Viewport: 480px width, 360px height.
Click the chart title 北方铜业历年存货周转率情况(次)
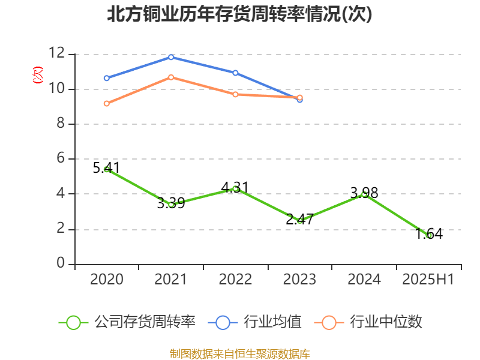pyautogui.click(x=239, y=14)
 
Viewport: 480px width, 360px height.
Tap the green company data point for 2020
pyautogui.click(x=107, y=170)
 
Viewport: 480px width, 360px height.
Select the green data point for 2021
pyautogui.click(x=171, y=205)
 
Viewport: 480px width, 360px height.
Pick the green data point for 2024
pyautogui.click(x=364, y=194)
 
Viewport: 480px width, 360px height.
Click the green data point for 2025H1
pyautogui.click(x=429, y=235)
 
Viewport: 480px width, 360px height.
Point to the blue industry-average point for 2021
pyautogui.click(x=171, y=57)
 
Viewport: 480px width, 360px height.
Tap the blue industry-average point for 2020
pyautogui.click(x=107, y=78)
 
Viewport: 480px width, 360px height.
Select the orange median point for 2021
pyautogui.click(x=171, y=77)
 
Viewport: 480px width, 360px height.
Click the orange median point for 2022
pyautogui.click(x=235, y=94)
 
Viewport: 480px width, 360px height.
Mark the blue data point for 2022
pyautogui.click(x=235, y=73)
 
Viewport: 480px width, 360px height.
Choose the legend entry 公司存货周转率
pyautogui.click(x=128, y=322)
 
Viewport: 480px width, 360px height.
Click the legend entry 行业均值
pyautogui.click(x=255, y=322)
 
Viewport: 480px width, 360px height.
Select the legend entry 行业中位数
pyautogui.click(x=369, y=322)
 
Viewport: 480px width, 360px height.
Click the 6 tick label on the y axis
pyautogui.click(x=60, y=159)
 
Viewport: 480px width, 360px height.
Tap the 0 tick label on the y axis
pyautogui.click(x=60, y=264)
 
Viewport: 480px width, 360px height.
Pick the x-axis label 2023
pyautogui.click(x=299, y=280)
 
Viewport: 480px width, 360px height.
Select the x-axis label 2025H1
pyautogui.click(x=428, y=280)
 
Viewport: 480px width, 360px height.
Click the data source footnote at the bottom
pyautogui.click(x=239, y=353)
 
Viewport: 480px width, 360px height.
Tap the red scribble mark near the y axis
pyautogui.click(x=38, y=75)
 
